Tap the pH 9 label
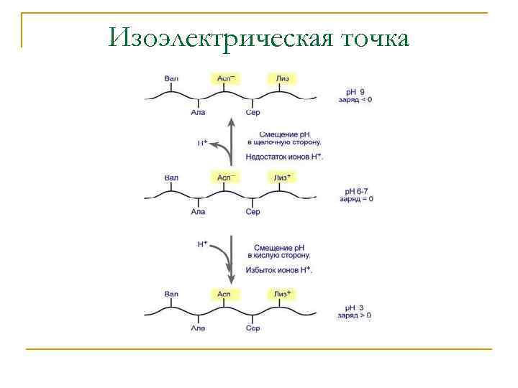click(x=355, y=91)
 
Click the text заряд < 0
click(x=355, y=100)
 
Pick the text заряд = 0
click(x=356, y=199)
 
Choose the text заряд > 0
click(x=355, y=315)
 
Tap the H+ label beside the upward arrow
click(x=203, y=143)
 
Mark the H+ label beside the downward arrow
click(x=203, y=244)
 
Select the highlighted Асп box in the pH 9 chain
click(x=224, y=78)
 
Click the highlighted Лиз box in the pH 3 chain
click(x=283, y=294)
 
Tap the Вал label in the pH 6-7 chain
click(x=171, y=177)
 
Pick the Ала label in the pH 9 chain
click(x=198, y=113)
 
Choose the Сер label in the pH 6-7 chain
click(x=253, y=212)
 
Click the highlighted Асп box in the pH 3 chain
click(x=224, y=294)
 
